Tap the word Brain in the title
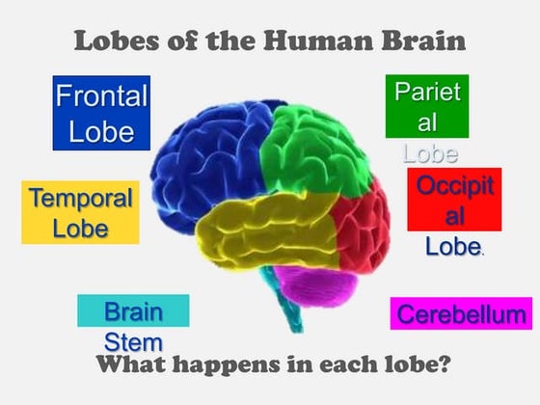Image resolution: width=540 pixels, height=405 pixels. pos(423,40)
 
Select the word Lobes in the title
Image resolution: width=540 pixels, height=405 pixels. pos(117,40)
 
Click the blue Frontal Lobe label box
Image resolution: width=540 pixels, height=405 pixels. pos(101,113)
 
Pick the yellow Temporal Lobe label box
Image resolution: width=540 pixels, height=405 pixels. pos(81,212)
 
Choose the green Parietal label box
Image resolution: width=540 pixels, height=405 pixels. pos(427,106)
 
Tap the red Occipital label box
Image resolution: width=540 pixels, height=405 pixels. pos(454,200)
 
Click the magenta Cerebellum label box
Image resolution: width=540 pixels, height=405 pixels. pos(461,313)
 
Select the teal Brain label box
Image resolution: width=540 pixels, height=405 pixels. pos(133,310)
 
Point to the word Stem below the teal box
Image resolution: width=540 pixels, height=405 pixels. pos(133,342)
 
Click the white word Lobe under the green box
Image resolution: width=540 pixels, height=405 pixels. pos(430,153)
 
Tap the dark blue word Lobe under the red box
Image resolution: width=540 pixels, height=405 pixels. pos(453,246)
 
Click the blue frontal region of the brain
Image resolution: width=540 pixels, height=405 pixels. pos(206,162)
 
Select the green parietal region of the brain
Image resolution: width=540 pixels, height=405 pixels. pos(313,151)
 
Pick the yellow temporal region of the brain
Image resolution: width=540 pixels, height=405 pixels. pos(265,230)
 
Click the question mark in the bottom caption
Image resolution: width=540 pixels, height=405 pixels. pos(444,364)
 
